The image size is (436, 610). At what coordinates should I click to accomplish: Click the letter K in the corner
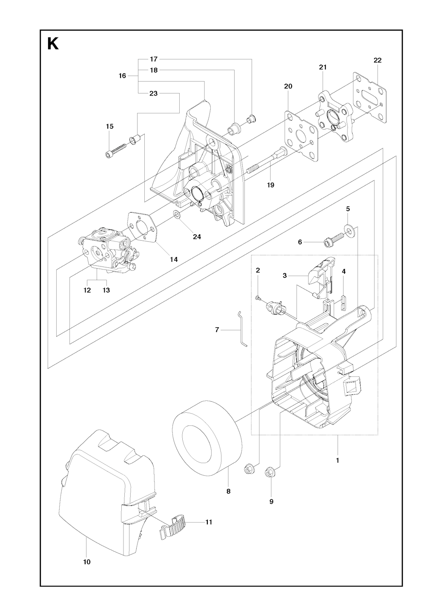53,44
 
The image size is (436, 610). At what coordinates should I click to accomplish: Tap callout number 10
87,562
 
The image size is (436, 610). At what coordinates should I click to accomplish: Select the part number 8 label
228,491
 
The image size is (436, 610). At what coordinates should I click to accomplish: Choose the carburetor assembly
107,251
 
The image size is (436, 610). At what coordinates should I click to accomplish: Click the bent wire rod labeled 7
243,329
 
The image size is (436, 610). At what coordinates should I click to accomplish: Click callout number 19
270,185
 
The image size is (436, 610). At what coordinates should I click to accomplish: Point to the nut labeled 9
269,473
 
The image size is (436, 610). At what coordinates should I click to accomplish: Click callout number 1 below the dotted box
338,460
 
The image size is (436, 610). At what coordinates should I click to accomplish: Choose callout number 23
153,93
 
